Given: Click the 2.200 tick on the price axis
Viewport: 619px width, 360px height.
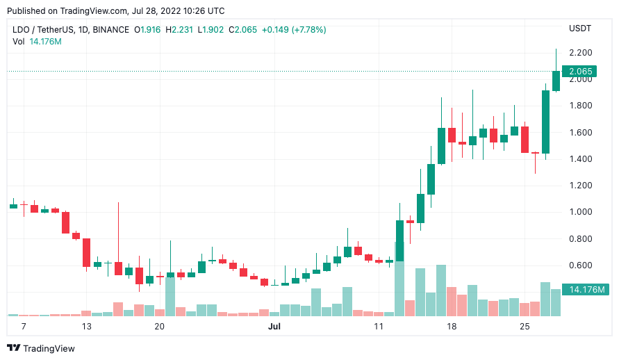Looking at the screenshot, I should (580, 53).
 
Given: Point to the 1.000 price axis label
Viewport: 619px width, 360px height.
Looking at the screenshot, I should (580, 212).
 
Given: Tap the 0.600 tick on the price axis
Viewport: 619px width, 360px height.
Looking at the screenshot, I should (580, 265).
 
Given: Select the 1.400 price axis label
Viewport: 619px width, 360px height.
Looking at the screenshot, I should (580, 159).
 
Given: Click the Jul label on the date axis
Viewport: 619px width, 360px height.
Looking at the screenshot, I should (274, 326).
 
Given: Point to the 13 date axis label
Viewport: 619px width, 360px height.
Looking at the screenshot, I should (87, 326).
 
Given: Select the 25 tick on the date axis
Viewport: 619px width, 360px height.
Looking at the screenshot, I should (525, 326).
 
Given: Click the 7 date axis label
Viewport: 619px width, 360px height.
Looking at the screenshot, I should (24, 326).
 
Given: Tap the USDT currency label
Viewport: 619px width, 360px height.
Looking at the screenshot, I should (579, 28).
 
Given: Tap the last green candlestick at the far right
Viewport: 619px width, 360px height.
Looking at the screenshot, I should (556, 81).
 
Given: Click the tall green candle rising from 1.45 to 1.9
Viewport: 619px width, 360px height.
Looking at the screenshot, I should (546, 122).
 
